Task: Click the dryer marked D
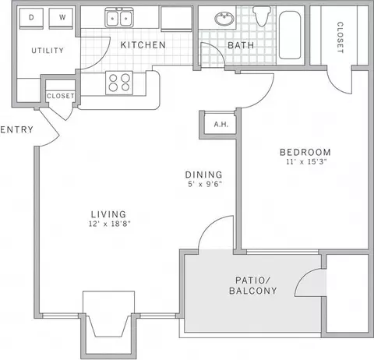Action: [31, 18]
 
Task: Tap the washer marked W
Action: [61, 18]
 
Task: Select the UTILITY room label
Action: [48, 51]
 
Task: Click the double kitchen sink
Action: [119, 18]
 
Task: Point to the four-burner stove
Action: [119, 83]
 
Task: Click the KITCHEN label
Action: [143, 45]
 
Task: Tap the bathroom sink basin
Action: [224, 18]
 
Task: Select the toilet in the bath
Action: [262, 16]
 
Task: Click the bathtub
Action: [290, 35]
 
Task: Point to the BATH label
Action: [241, 45]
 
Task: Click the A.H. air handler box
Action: [221, 124]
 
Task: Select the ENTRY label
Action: [17, 129]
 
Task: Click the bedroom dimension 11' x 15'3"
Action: [306, 161]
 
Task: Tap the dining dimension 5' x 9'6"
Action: [205, 184]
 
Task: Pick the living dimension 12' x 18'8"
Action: [109, 224]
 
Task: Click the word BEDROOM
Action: [305, 152]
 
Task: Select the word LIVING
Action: [108, 214]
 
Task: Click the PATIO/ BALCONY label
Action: [253, 285]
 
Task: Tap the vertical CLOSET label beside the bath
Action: [340, 37]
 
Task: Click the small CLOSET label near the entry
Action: [61, 96]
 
